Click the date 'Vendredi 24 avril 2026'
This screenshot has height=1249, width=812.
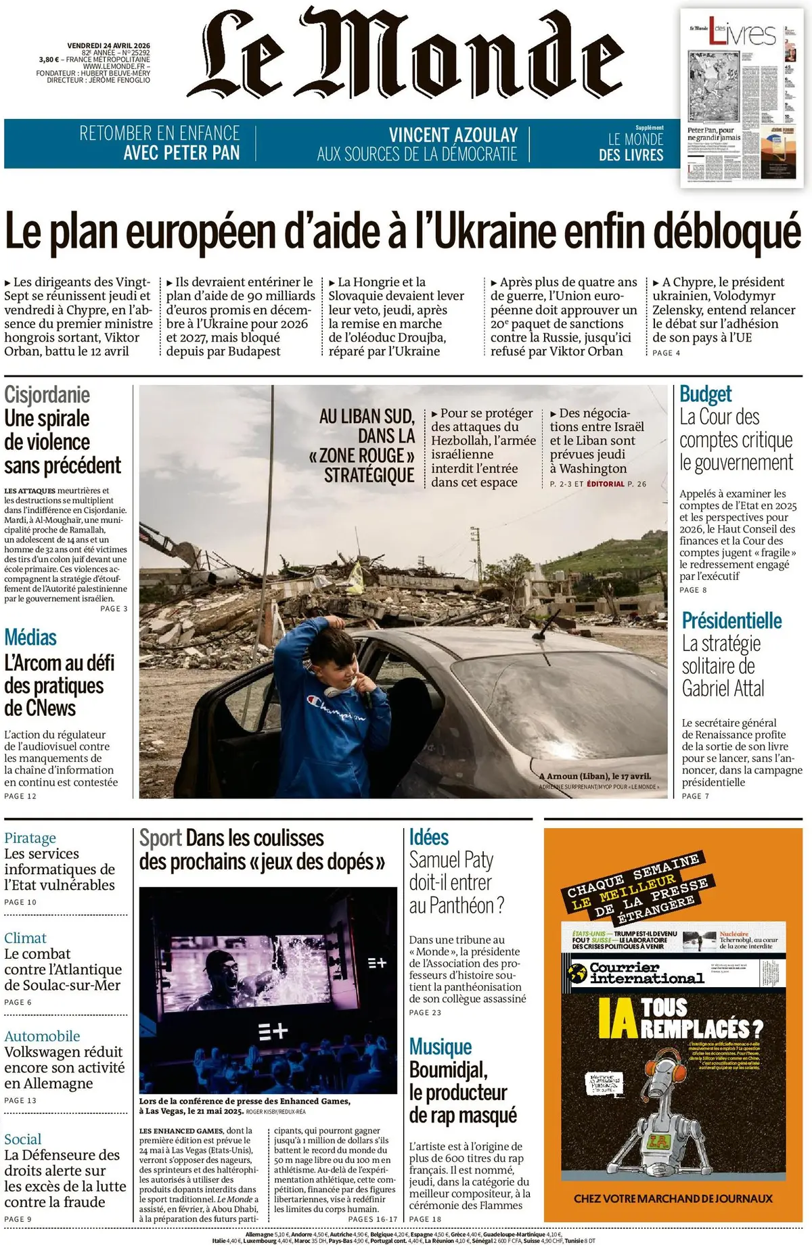click(x=108, y=46)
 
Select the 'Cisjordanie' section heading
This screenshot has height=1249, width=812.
click(x=47, y=394)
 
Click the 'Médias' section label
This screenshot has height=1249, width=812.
click(x=30, y=637)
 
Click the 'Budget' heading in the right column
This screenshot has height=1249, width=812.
click(x=706, y=394)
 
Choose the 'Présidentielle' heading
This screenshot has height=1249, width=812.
click(x=731, y=620)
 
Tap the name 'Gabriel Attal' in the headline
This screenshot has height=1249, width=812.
click(x=723, y=689)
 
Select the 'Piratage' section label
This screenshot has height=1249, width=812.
click(x=30, y=838)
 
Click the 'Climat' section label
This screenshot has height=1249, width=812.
click(x=25, y=938)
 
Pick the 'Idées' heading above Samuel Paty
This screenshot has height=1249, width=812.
click(x=429, y=838)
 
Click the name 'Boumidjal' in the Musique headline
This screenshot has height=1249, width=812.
click(x=447, y=1070)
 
